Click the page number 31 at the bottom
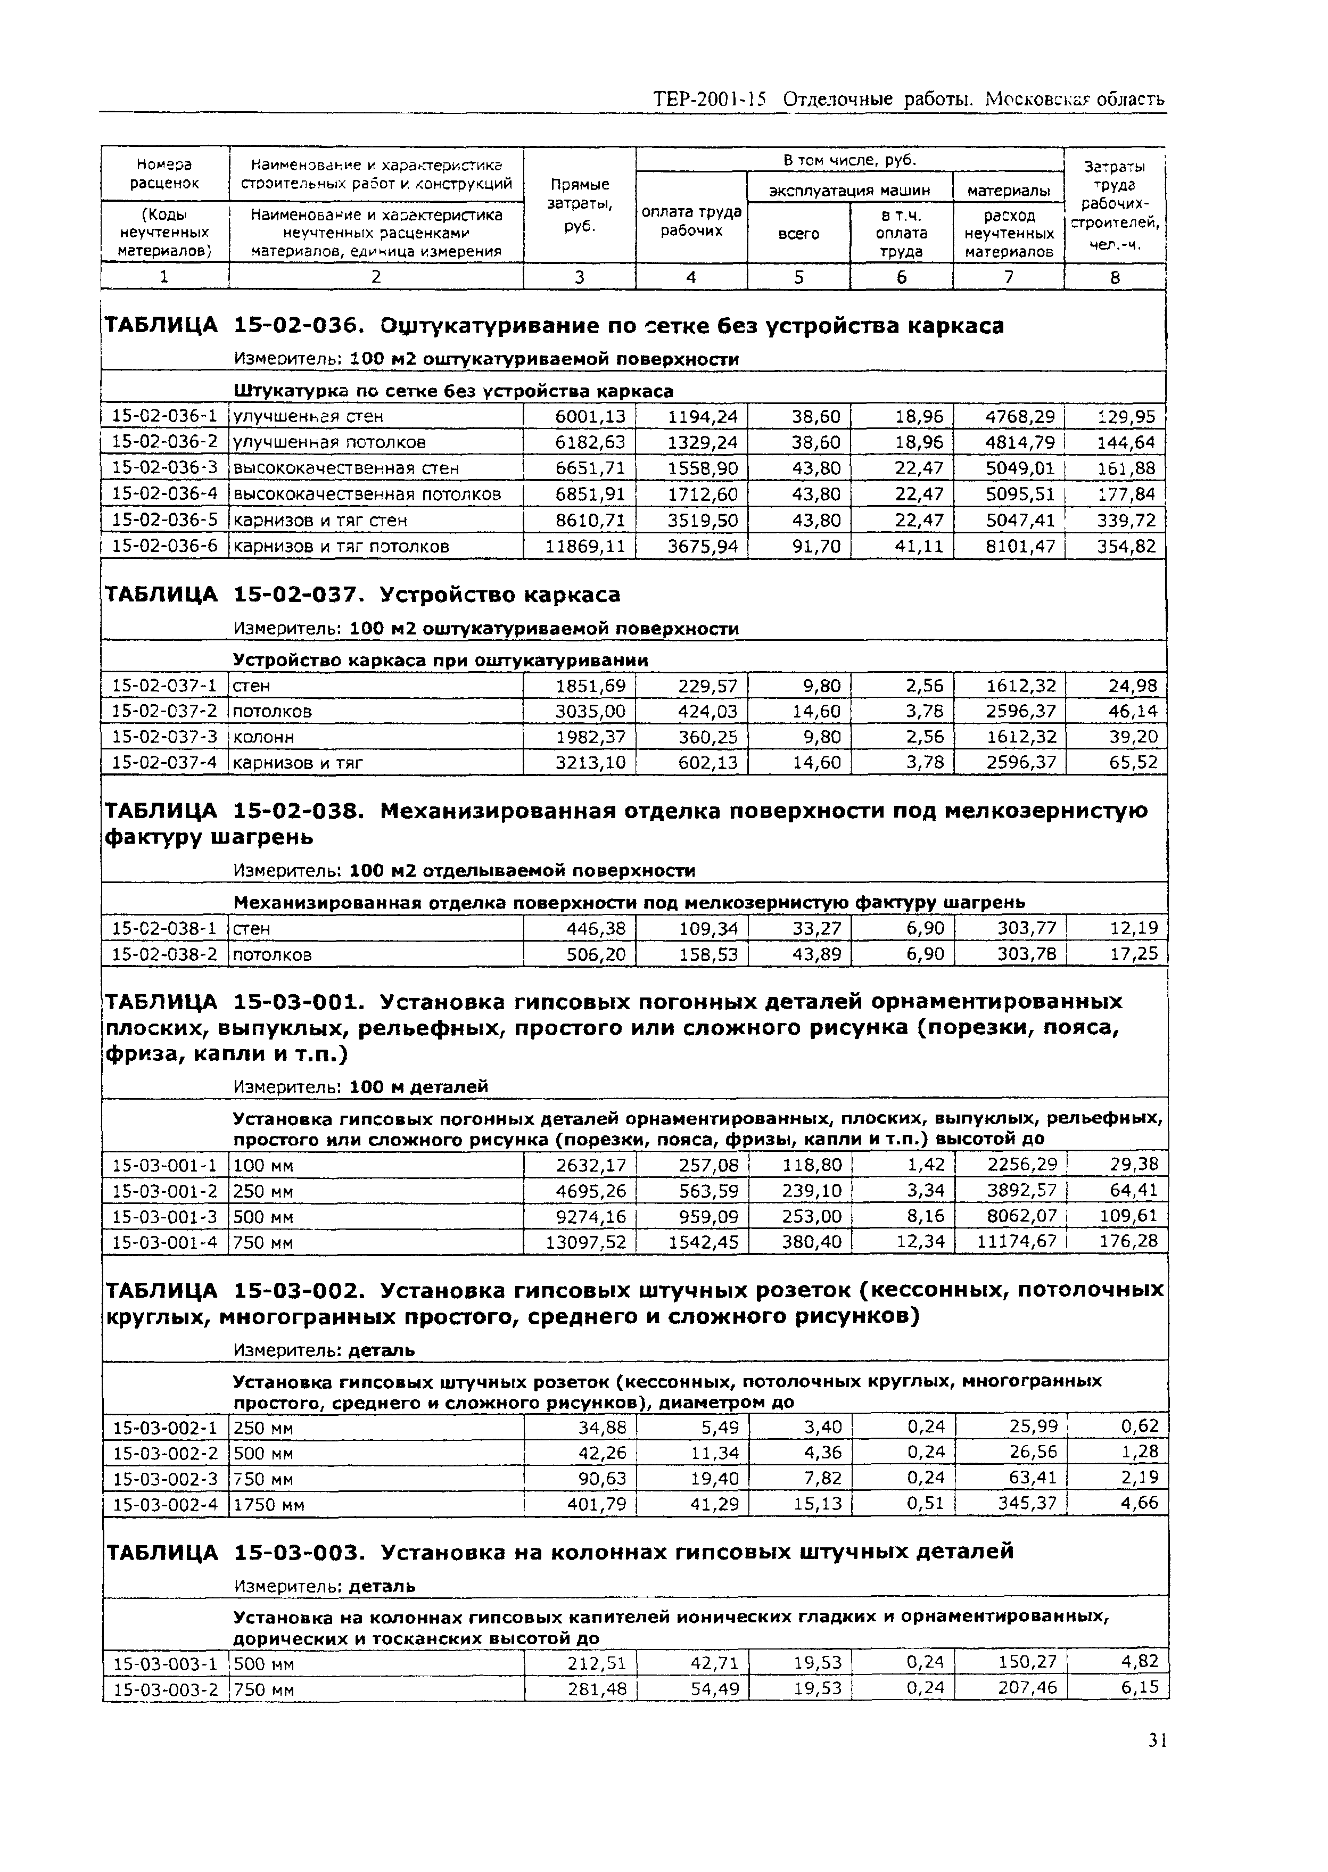[1156, 1764]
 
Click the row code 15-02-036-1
[164, 416]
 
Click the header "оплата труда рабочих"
[691, 221]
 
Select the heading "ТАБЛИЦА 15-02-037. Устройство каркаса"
[362, 595]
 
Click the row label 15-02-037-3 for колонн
[164, 737]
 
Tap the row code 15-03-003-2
[164, 1689]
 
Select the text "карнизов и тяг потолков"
[341, 546]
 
